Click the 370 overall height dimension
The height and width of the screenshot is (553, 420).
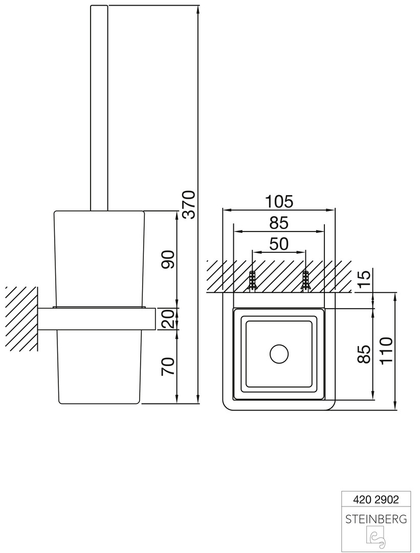189,204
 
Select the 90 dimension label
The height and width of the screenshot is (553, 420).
168,260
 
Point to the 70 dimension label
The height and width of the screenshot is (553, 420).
168,367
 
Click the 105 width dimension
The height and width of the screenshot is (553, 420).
279,202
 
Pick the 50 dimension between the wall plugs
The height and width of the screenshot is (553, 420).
279,244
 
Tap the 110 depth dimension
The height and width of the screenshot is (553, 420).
386,351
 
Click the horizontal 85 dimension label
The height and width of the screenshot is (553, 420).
279,223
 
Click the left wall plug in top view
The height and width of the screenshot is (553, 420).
252,281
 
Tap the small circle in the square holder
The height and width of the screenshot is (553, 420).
279,354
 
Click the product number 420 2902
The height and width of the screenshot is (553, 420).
376,499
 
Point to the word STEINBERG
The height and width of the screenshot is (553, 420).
376,519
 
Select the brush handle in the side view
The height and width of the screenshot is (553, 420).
99,108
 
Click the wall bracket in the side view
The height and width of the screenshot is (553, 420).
97,319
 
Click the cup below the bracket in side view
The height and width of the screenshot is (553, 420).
99,367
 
